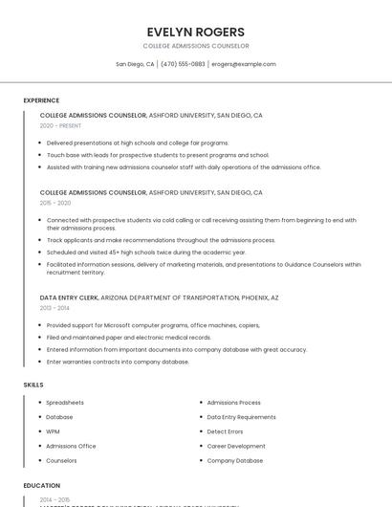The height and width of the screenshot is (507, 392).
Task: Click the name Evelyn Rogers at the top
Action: click(x=195, y=32)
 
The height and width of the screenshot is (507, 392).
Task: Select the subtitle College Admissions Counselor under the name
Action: click(x=195, y=46)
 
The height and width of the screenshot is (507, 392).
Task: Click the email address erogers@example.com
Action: click(x=244, y=64)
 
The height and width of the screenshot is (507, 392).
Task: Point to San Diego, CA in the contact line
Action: click(x=135, y=64)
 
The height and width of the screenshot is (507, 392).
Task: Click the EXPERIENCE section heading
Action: click(x=41, y=100)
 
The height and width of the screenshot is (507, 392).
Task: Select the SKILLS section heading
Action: click(x=33, y=385)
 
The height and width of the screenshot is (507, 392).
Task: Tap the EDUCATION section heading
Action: click(x=42, y=486)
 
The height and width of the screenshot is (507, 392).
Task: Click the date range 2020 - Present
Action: click(x=60, y=126)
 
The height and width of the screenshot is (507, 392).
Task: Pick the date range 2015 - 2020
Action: click(x=55, y=203)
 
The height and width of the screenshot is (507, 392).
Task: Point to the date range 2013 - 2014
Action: click(x=54, y=308)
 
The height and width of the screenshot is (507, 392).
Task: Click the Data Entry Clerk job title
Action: click(x=69, y=298)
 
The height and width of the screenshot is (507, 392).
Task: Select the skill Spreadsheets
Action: click(x=65, y=403)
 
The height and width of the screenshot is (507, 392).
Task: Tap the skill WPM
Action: click(x=54, y=431)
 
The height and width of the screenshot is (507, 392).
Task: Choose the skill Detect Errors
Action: click(x=226, y=431)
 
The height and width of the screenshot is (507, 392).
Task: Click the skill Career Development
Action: click(x=236, y=446)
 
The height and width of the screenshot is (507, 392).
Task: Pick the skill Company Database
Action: click(x=235, y=460)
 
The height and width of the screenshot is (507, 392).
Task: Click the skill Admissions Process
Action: click(x=234, y=403)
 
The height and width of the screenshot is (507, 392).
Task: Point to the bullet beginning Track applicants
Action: click(x=161, y=240)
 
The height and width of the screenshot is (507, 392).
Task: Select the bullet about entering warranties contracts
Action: click(x=118, y=362)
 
